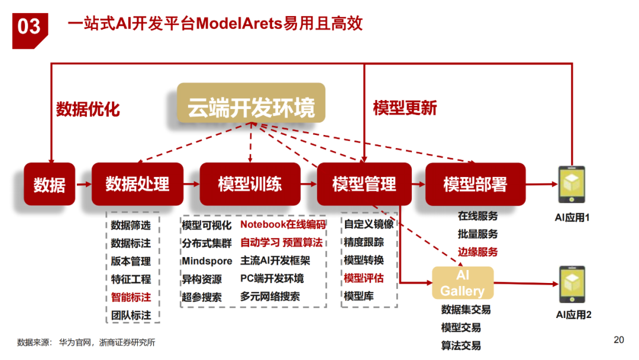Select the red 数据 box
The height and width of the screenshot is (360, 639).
pyautogui.click(x=50, y=184)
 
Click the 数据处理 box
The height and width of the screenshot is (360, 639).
pyautogui.click(x=137, y=184)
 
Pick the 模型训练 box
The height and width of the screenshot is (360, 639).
pyautogui.click(x=249, y=184)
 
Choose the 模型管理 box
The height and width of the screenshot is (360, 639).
pyautogui.click(x=364, y=184)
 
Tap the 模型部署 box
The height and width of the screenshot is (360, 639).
pyautogui.click(x=475, y=184)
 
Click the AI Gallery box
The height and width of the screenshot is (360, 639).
pyautogui.click(x=462, y=284)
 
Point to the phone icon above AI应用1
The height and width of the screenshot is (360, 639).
pyautogui.click(x=572, y=185)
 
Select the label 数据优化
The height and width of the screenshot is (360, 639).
pyautogui.click(x=88, y=109)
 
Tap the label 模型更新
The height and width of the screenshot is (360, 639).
pyautogui.click(x=405, y=108)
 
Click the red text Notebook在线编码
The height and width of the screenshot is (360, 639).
pyautogui.click(x=283, y=225)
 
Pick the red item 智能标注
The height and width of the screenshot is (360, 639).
pyautogui.click(x=131, y=297)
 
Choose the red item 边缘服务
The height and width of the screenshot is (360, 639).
pyautogui.click(x=477, y=252)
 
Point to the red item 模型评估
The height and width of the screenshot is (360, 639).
pyautogui.click(x=363, y=278)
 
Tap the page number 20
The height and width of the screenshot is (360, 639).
pyautogui.click(x=619, y=340)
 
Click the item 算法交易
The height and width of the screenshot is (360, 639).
pyautogui.click(x=461, y=346)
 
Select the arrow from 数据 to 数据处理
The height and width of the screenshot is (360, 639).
pyautogui.click(x=83, y=184)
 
